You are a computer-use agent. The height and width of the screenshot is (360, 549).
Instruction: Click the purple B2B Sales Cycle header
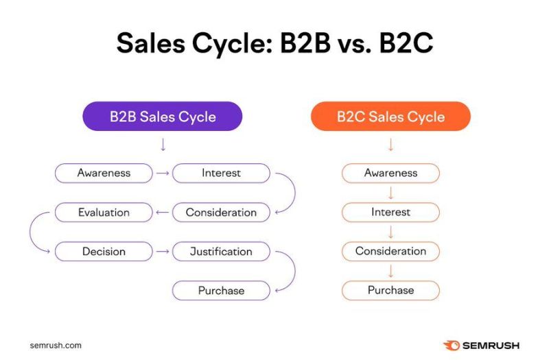163,117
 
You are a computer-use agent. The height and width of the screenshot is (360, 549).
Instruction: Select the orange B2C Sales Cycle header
390,117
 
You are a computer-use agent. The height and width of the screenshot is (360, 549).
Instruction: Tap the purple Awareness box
104,173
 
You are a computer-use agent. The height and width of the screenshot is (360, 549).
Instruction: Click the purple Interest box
221,173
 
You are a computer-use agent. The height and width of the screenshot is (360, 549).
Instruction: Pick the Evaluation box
104,213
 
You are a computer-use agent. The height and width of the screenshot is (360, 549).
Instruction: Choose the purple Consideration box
221,213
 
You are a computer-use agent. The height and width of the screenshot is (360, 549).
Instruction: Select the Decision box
104,252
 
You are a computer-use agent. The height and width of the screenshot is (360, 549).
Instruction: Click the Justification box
221,252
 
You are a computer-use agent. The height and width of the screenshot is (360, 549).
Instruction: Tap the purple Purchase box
221,291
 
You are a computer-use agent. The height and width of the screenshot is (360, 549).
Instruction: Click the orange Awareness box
390,173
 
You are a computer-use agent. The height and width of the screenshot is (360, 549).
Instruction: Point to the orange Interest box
390,213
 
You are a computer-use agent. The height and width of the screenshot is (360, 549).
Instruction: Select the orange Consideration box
390,252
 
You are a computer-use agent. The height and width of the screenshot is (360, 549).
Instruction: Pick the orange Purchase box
390,291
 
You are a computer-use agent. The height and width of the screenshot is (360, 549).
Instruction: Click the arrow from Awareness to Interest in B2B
163,173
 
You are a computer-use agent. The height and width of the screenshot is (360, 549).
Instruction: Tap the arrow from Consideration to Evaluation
163,213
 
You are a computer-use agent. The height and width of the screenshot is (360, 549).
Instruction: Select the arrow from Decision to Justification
163,252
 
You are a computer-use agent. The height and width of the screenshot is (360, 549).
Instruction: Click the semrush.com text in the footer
56,345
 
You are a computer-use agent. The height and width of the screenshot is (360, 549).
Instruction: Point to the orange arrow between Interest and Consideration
390,232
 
